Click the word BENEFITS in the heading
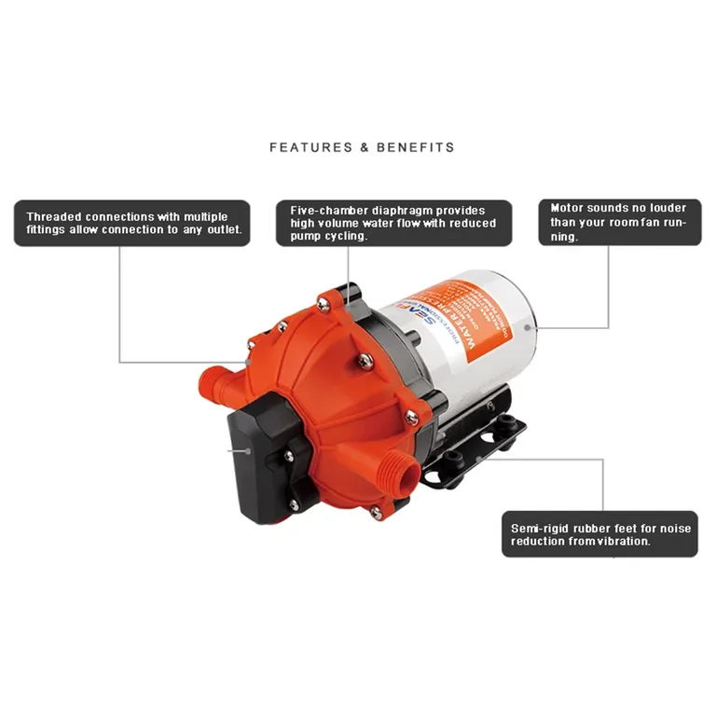[416, 147]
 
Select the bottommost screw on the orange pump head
[376, 513]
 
